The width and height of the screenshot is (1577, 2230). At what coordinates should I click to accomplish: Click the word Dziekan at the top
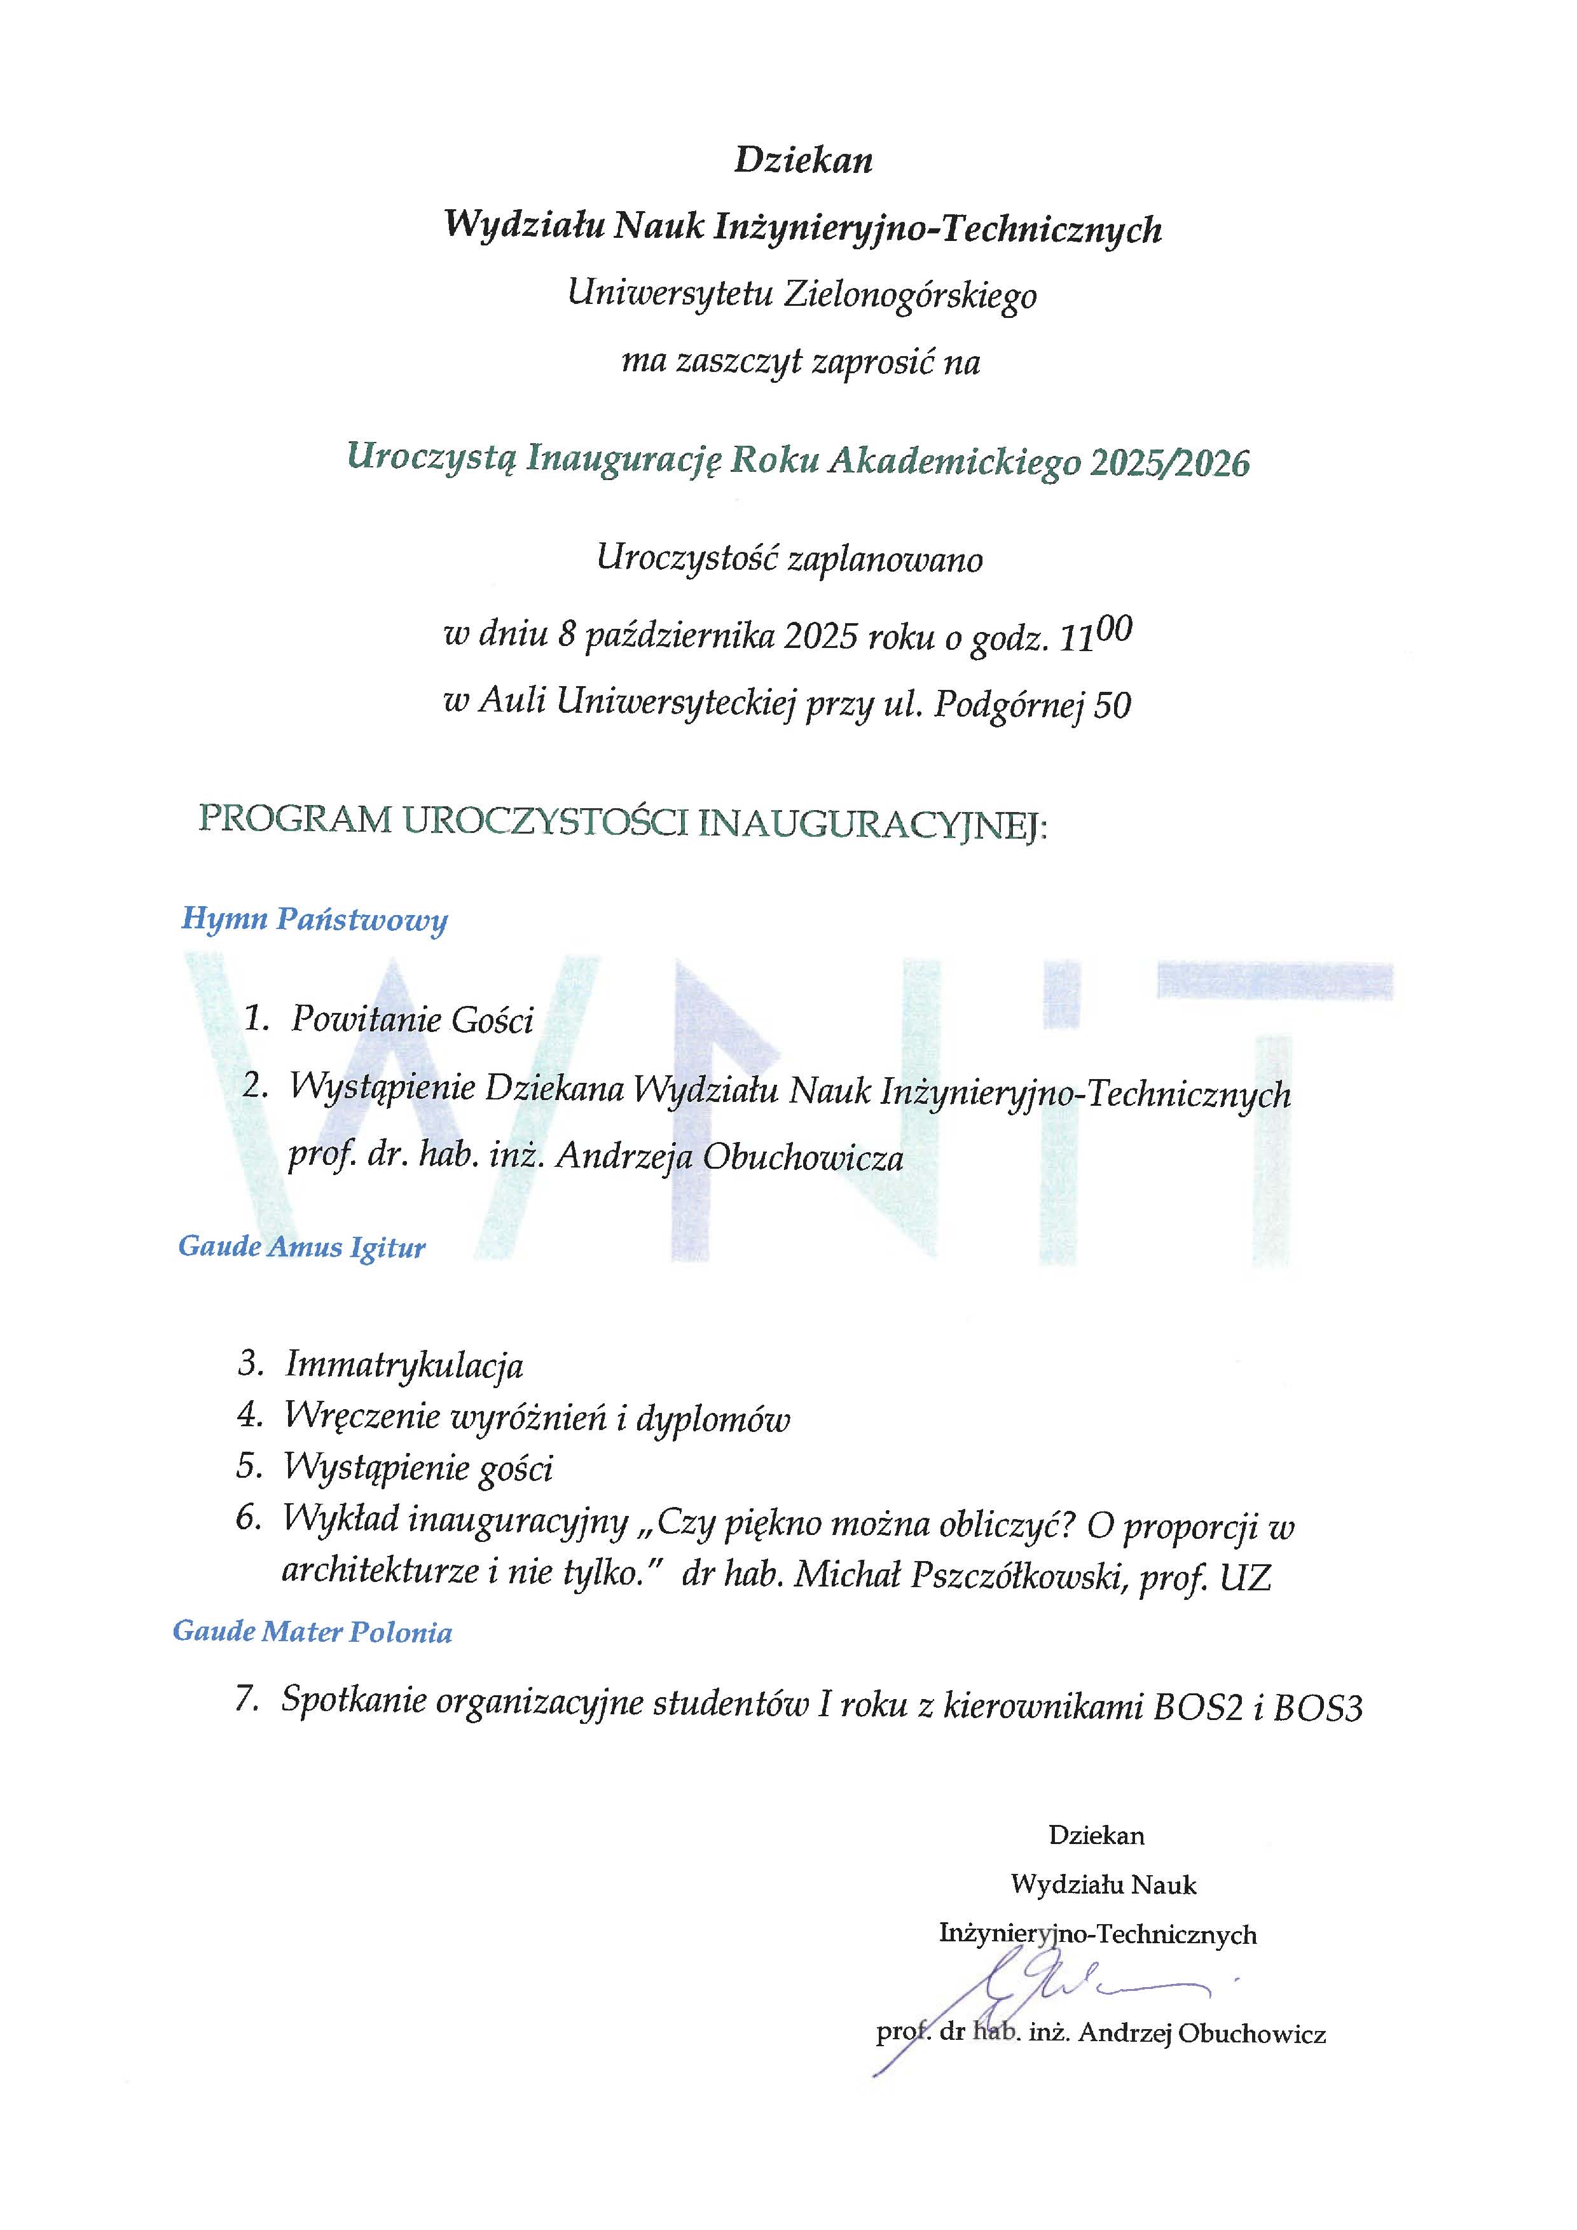pyautogui.click(x=803, y=159)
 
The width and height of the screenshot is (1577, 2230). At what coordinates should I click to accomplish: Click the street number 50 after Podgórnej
pyautogui.click(x=1113, y=706)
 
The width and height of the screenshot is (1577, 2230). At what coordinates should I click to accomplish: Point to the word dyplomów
pyautogui.click(x=713, y=1419)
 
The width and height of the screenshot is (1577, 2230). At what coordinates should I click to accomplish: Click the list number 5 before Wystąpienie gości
pyautogui.click(x=249, y=1466)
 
